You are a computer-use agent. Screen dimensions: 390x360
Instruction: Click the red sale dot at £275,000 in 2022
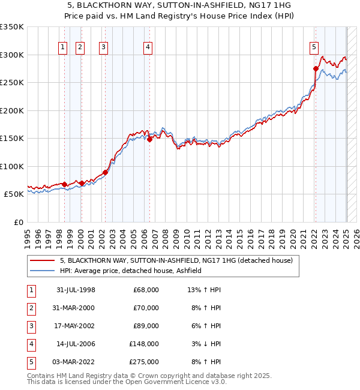point(316,69)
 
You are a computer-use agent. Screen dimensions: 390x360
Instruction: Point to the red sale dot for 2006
point(150,140)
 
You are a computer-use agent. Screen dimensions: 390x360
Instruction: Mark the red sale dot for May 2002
point(105,173)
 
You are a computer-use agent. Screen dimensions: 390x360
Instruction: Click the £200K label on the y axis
point(12,110)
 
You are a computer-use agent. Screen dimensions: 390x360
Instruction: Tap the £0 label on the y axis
point(19,222)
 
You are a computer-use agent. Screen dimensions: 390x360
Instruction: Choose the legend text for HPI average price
point(130,271)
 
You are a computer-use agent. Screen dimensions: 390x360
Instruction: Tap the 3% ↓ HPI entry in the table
point(204,344)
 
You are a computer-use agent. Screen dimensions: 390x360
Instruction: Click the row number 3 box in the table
point(30,326)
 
